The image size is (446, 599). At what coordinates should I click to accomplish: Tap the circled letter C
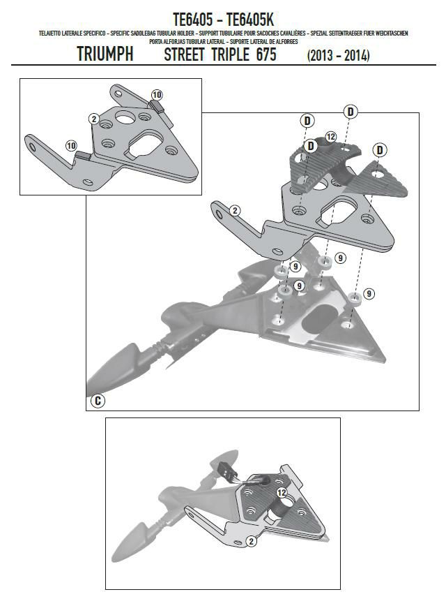click(98, 401)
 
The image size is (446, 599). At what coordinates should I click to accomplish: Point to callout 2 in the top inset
click(93, 119)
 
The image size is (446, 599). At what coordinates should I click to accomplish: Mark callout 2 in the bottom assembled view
click(252, 540)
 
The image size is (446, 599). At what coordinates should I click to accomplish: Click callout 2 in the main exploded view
click(235, 210)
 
